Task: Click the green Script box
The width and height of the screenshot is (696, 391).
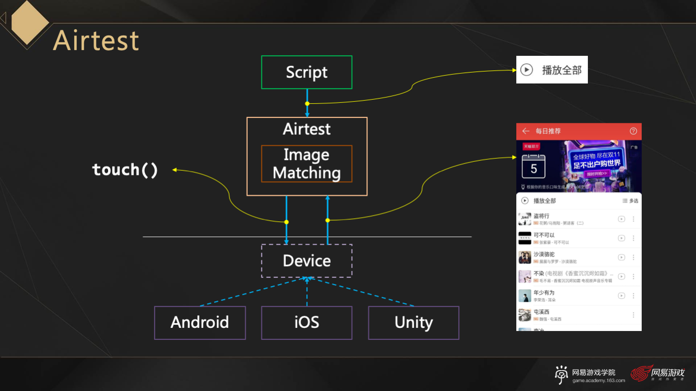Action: pyautogui.click(x=307, y=72)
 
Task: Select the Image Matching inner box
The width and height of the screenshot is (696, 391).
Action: pyautogui.click(x=307, y=164)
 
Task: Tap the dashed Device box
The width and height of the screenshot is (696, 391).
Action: pyautogui.click(x=307, y=260)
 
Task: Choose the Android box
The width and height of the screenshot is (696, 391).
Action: pyautogui.click(x=200, y=323)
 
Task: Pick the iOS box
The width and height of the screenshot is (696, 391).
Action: pyautogui.click(x=307, y=323)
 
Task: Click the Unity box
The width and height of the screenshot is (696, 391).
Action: pyautogui.click(x=413, y=323)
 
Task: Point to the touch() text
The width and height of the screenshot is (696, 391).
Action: pyautogui.click(x=125, y=170)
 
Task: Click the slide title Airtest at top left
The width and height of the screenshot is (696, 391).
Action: pyautogui.click(x=96, y=41)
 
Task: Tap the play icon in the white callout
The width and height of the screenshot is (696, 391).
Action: pyautogui.click(x=527, y=69)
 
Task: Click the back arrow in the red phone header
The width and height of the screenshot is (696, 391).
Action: pyautogui.click(x=526, y=131)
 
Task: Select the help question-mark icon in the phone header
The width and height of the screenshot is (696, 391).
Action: pyautogui.click(x=633, y=131)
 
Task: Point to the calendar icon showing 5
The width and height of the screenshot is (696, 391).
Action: pyautogui.click(x=533, y=167)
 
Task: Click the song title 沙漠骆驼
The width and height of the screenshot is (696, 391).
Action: pyautogui.click(x=544, y=254)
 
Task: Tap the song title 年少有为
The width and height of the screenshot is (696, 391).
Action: pyautogui.click(x=544, y=293)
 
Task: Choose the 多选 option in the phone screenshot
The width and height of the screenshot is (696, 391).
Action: pyautogui.click(x=631, y=201)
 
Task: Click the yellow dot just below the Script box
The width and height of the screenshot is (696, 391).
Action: pyautogui.click(x=307, y=103)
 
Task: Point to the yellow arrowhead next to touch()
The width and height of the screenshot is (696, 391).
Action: pyautogui.click(x=175, y=169)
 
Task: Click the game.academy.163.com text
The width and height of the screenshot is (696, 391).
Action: pyautogui.click(x=599, y=381)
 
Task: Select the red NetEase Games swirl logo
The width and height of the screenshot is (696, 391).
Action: pyautogui.click(x=641, y=373)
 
